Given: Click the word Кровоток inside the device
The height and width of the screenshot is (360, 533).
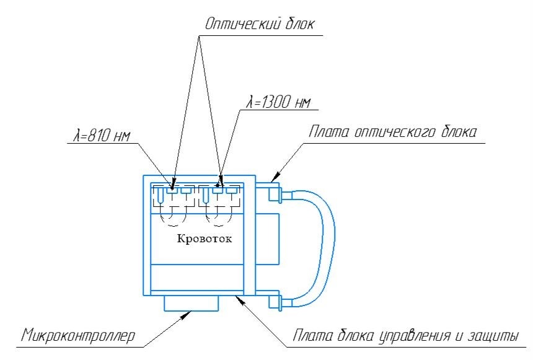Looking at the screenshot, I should tap(204, 240).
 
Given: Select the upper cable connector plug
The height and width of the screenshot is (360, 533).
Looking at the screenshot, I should tap(275, 196).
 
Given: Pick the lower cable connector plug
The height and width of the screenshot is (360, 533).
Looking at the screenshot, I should tap(275, 302).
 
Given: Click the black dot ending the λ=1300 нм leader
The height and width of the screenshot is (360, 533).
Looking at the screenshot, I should tap(218, 185).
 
